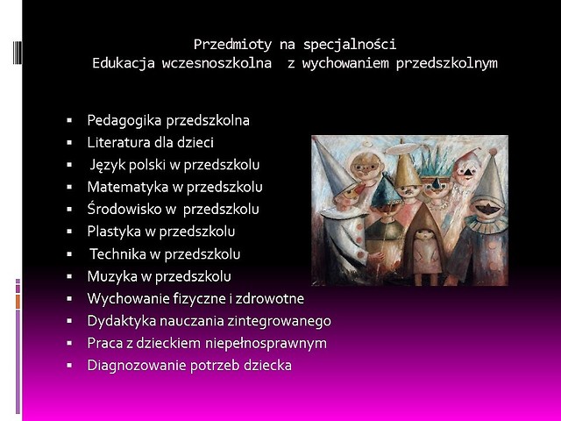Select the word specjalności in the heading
[350, 45]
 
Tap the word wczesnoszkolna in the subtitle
[217, 63]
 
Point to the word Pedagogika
[124, 121]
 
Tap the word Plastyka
[114, 232]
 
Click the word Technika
[117, 254]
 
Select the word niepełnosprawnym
[266, 343]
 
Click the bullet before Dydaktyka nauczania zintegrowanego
[69, 321]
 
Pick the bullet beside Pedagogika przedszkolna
[69, 121]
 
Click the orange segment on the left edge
[18, 301]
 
